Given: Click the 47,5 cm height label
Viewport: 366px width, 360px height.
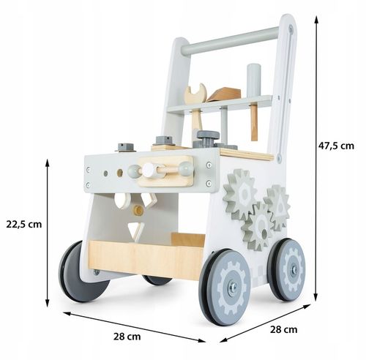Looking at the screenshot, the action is coord(336,146).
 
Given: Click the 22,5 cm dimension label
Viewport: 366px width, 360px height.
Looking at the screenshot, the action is coord(24,224).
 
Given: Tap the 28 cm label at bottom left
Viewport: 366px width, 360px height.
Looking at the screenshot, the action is coord(127,337).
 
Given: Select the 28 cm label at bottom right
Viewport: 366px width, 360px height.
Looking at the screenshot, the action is coord(283,329).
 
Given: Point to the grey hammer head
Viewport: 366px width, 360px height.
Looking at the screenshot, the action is coord(254,80).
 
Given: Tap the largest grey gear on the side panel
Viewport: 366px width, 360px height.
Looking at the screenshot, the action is coord(240,194).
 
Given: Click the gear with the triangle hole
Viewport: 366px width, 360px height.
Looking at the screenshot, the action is coord(278,207).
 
